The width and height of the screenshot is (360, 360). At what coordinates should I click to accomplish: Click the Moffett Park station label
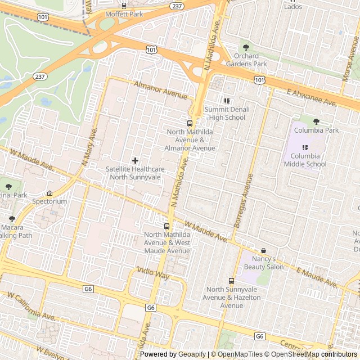pos(128,13)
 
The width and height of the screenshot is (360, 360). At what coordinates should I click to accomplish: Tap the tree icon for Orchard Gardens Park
pos(245,47)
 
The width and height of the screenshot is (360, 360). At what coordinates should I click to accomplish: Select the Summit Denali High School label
pos(224,113)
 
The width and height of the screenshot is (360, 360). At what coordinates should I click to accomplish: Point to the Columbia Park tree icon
pos(316,121)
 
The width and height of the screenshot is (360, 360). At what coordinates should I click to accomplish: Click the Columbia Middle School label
pos(305,160)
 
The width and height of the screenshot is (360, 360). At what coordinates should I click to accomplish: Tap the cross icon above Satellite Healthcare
pos(135,160)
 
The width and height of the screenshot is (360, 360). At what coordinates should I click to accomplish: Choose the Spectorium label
pos(49,201)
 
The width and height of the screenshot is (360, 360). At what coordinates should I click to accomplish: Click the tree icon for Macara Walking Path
pos(12,219)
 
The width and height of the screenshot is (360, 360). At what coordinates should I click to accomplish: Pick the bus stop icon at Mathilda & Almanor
pos(190,123)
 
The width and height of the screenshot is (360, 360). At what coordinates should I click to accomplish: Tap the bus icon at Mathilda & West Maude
pos(166,226)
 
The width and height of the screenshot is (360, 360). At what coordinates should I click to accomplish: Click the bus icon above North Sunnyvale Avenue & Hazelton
pos(231,281)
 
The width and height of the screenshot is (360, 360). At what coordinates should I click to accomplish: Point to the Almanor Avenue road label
pos(160,89)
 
